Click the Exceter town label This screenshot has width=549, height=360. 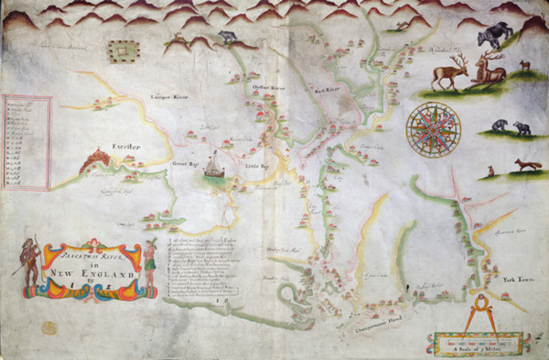pyautogui.click(x=126, y=146)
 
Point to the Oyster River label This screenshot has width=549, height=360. pyautogui.click(x=268, y=87)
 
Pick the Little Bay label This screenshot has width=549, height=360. pyautogui.click(x=257, y=166)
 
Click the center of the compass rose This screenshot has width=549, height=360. pyautogui.click(x=433, y=130)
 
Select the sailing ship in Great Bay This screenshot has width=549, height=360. pyautogui.click(x=213, y=167)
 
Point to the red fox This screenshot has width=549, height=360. pyautogui.click(x=528, y=165)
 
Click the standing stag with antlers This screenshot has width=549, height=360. pyautogui.click(x=450, y=73)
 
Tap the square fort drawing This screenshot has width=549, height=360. pyautogui.click(x=123, y=52)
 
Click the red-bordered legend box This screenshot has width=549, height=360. pyautogui.click(x=27, y=142)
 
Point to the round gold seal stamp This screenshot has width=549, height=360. pyautogui.click(x=49, y=327)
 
